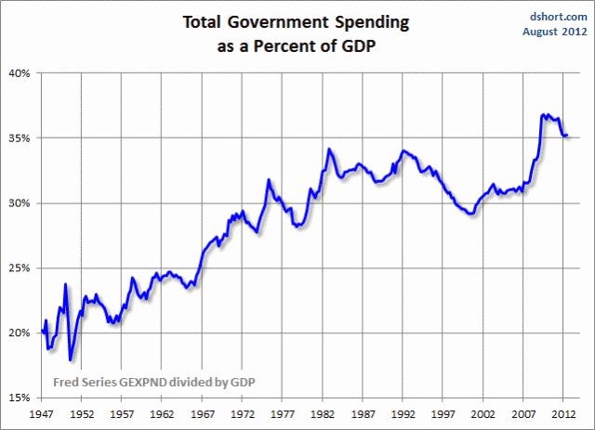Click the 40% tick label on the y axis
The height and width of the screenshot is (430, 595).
[x=19, y=72]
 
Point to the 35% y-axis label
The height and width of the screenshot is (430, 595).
[x=19, y=137]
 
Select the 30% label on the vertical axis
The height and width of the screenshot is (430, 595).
[x=19, y=202]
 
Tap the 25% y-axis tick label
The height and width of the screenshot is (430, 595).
[x=19, y=267]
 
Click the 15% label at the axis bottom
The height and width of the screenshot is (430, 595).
[x=19, y=397]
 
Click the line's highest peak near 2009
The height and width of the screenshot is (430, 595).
[x=544, y=115]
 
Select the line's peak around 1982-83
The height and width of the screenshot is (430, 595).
[x=329, y=149]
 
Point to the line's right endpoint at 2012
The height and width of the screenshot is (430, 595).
[x=568, y=136]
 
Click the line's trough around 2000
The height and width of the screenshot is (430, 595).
[x=471, y=214]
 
